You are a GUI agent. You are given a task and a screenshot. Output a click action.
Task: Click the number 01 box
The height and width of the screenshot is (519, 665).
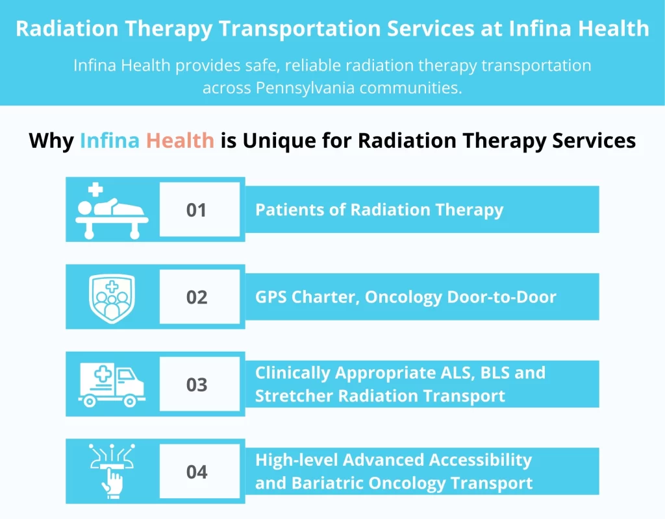(x=196, y=210)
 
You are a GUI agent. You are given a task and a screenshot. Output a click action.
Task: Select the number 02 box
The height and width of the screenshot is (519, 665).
(x=196, y=297)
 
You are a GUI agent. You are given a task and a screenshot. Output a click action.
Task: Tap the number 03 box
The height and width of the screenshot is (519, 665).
(x=196, y=385)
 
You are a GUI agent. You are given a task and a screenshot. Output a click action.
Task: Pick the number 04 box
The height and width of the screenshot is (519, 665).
(x=196, y=472)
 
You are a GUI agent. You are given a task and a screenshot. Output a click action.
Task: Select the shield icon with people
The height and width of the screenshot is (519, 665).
(x=112, y=298)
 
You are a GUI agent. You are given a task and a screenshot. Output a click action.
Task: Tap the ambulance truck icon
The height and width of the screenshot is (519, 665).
(x=112, y=384)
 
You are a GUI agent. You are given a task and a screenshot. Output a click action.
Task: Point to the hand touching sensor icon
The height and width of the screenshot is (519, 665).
(x=112, y=471)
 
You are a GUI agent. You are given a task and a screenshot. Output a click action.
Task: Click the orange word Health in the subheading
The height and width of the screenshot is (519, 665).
(x=180, y=140)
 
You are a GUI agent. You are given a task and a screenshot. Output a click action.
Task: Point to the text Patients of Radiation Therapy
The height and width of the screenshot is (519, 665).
(x=379, y=210)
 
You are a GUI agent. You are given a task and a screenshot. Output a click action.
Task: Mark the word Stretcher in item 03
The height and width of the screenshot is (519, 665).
(x=290, y=396)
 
